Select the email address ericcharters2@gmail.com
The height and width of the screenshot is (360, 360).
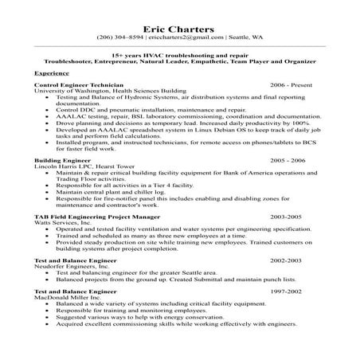(x=181, y=38)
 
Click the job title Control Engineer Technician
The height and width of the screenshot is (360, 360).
(x=79, y=84)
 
